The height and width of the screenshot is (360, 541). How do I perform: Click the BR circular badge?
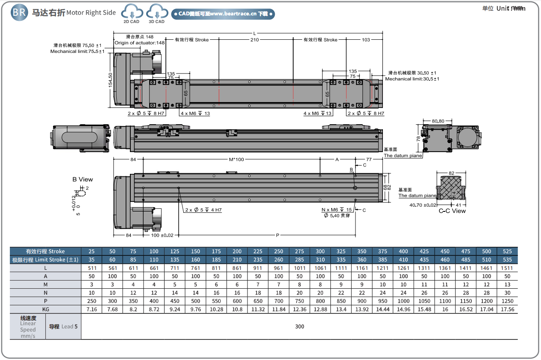[19, 12]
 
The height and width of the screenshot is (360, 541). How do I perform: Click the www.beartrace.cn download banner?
[223, 14]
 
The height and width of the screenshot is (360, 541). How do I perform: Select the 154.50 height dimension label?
[110, 80]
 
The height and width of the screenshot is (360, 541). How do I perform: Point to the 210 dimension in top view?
[255, 40]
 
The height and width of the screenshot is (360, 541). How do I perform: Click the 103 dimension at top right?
[366, 40]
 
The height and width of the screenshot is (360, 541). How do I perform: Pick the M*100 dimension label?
[236, 160]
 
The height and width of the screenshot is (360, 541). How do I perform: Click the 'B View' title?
[82, 179]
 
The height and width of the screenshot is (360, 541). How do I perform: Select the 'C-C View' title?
[452, 211]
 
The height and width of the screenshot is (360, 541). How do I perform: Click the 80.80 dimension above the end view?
[438, 121]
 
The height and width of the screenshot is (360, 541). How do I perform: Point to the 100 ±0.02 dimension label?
[162, 235]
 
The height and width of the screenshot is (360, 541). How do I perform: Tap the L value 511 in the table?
[91, 268]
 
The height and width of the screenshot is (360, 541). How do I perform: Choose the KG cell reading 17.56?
[507, 309]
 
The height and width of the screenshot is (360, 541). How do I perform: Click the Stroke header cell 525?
[507, 252]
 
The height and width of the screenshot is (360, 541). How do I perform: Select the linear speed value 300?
[299, 327]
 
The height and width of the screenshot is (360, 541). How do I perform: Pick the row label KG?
[45, 309]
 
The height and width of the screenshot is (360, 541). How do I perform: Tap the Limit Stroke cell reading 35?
[91, 260]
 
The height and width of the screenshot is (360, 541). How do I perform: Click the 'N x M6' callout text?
[330, 210]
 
